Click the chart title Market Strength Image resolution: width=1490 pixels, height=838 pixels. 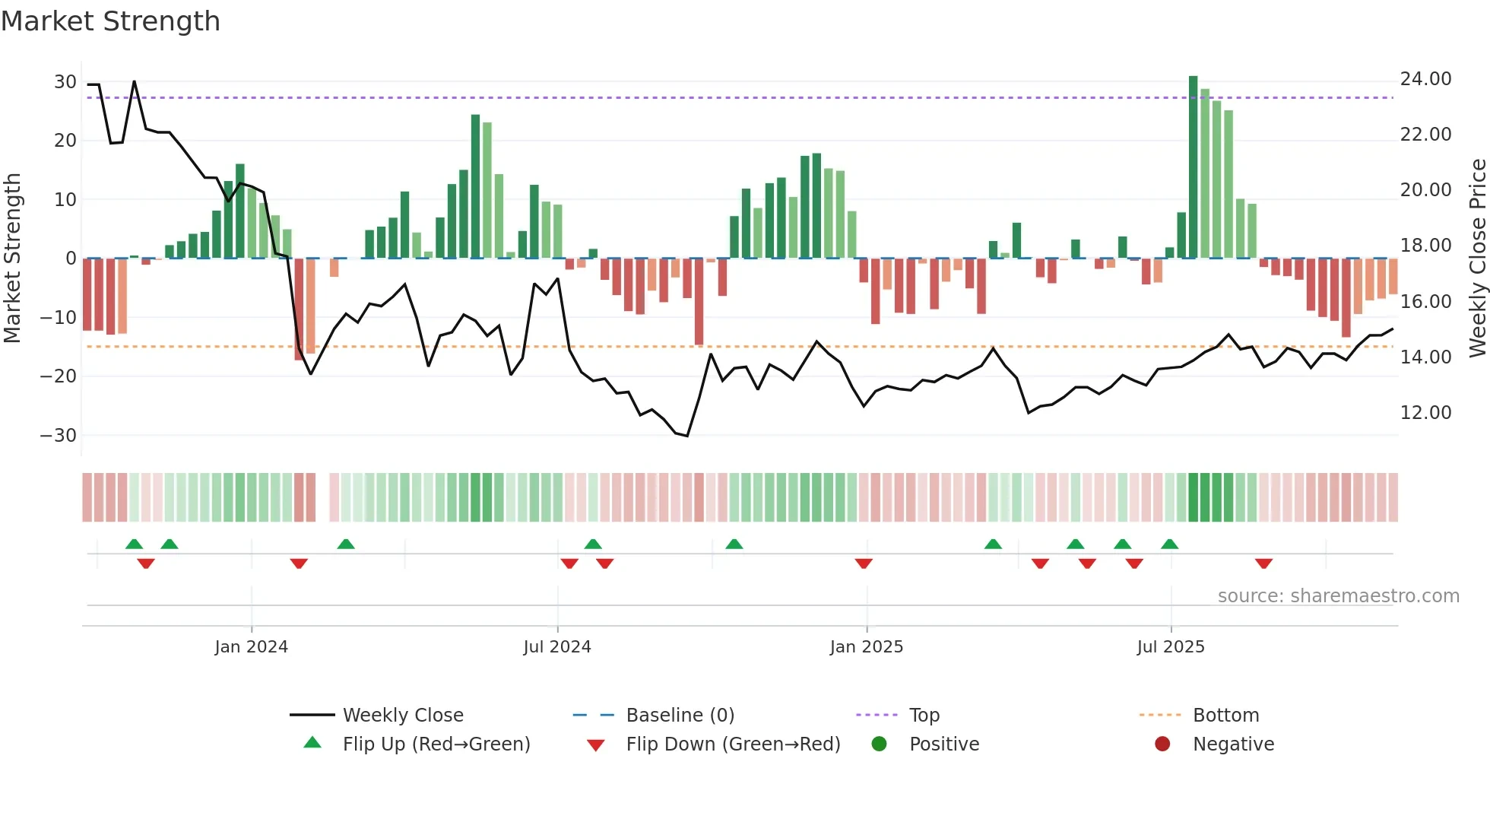110,21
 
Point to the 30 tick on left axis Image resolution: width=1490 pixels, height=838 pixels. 65,82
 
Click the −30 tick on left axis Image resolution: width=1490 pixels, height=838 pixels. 59,436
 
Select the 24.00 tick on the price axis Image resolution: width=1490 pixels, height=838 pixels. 1425,79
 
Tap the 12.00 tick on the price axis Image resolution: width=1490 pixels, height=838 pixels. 1425,413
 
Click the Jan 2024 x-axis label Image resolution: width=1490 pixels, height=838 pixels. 251,647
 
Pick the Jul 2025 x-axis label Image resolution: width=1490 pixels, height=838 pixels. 1170,647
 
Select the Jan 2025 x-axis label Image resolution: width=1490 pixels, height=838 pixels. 866,647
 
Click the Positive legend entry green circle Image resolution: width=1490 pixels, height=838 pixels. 880,744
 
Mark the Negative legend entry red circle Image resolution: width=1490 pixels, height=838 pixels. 1162,744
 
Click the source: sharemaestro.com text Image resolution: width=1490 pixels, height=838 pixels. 1338,596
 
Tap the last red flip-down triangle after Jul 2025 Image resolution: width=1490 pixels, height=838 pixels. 1263,563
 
